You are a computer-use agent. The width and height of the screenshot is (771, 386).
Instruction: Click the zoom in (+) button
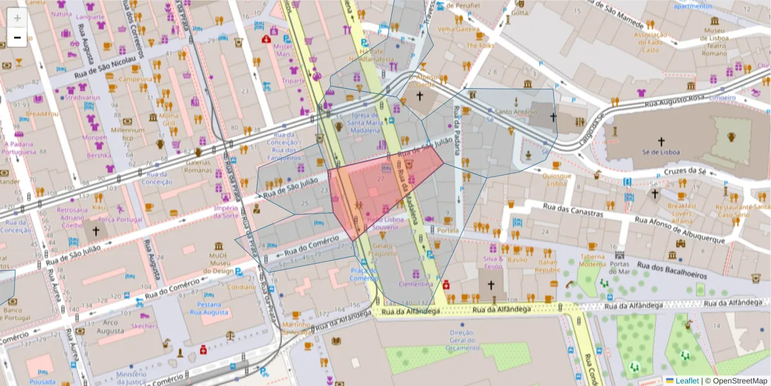click(x=17, y=19)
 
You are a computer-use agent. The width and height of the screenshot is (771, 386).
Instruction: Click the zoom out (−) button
click(x=17, y=37)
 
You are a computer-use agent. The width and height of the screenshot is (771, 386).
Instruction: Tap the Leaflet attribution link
click(x=687, y=381)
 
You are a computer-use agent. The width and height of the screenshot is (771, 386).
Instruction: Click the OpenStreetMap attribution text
click(x=740, y=381)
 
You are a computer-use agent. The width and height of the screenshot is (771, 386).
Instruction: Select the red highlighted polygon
click(x=379, y=190)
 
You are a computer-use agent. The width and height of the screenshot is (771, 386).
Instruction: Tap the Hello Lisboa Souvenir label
click(x=385, y=223)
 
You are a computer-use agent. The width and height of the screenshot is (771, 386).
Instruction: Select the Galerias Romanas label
click(x=198, y=167)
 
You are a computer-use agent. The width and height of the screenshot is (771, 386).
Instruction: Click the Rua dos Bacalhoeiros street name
click(x=671, y=269)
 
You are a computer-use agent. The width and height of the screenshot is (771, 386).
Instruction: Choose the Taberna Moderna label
click(x=592, y=260)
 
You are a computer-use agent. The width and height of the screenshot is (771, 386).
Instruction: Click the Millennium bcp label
click(x=127, y=133)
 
